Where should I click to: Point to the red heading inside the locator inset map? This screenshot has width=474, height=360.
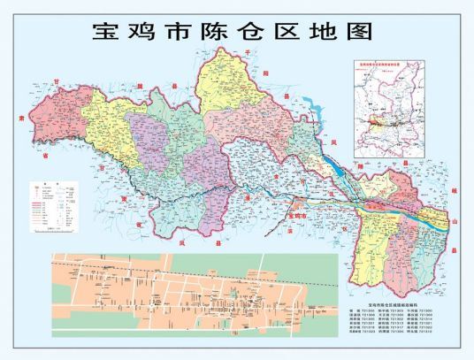click(x=391, y=64)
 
